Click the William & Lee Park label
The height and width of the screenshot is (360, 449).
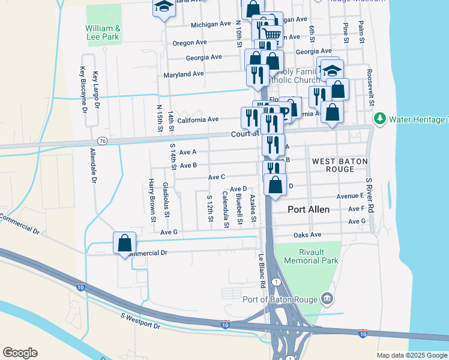tap(103, 32)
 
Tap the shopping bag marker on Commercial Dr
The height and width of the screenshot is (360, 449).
tap(124, 244)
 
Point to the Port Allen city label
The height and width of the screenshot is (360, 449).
tap(309, 209)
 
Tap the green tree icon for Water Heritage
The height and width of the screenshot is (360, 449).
tap(380, 119)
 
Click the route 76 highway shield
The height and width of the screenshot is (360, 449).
tap(103, 140)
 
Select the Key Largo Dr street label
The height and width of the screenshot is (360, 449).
tap(95, 89)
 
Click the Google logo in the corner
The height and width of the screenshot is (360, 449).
tap(20, 352)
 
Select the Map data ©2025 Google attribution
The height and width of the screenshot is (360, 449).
tap(411, 355)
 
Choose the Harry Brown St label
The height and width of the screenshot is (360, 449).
tap(152, 197)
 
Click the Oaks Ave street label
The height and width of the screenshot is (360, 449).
tap(307, 235)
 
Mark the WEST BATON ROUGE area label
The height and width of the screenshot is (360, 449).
tap(340, 166)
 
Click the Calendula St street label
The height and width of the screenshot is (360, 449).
tap(226, 209)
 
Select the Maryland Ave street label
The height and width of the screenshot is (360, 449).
tap(184, 74)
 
